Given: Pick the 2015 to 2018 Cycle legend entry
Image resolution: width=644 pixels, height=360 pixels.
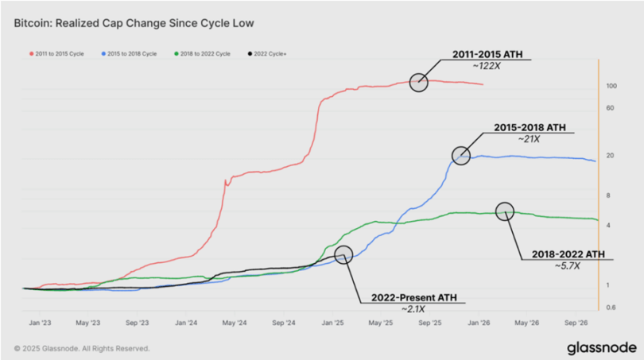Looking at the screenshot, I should (x=131, y=53).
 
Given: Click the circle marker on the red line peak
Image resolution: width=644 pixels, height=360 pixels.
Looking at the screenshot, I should (x=419, y=82).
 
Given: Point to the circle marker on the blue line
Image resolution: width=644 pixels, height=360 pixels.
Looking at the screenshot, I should (x=460, y=156).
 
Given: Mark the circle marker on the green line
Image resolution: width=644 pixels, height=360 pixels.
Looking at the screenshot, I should (x=505, y=211).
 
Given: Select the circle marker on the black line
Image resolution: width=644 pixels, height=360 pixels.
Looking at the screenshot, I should (x=343, y=254).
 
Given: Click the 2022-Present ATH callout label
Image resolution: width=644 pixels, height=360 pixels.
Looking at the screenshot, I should (x=413, y=298).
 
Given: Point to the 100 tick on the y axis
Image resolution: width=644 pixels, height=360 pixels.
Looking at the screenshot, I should (x=611, y=86).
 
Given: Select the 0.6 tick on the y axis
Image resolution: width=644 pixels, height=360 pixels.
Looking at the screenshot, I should (x=610, y=307).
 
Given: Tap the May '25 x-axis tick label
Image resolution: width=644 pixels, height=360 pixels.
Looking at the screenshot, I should (x=381, y=324).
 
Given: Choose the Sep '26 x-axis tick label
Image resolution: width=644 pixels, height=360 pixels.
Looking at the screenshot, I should (x=576, y=324).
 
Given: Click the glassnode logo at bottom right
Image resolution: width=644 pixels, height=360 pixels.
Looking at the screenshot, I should (x=602, y=347).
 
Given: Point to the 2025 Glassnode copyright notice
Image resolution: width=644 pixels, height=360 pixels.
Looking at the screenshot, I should (x=81, y=348).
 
